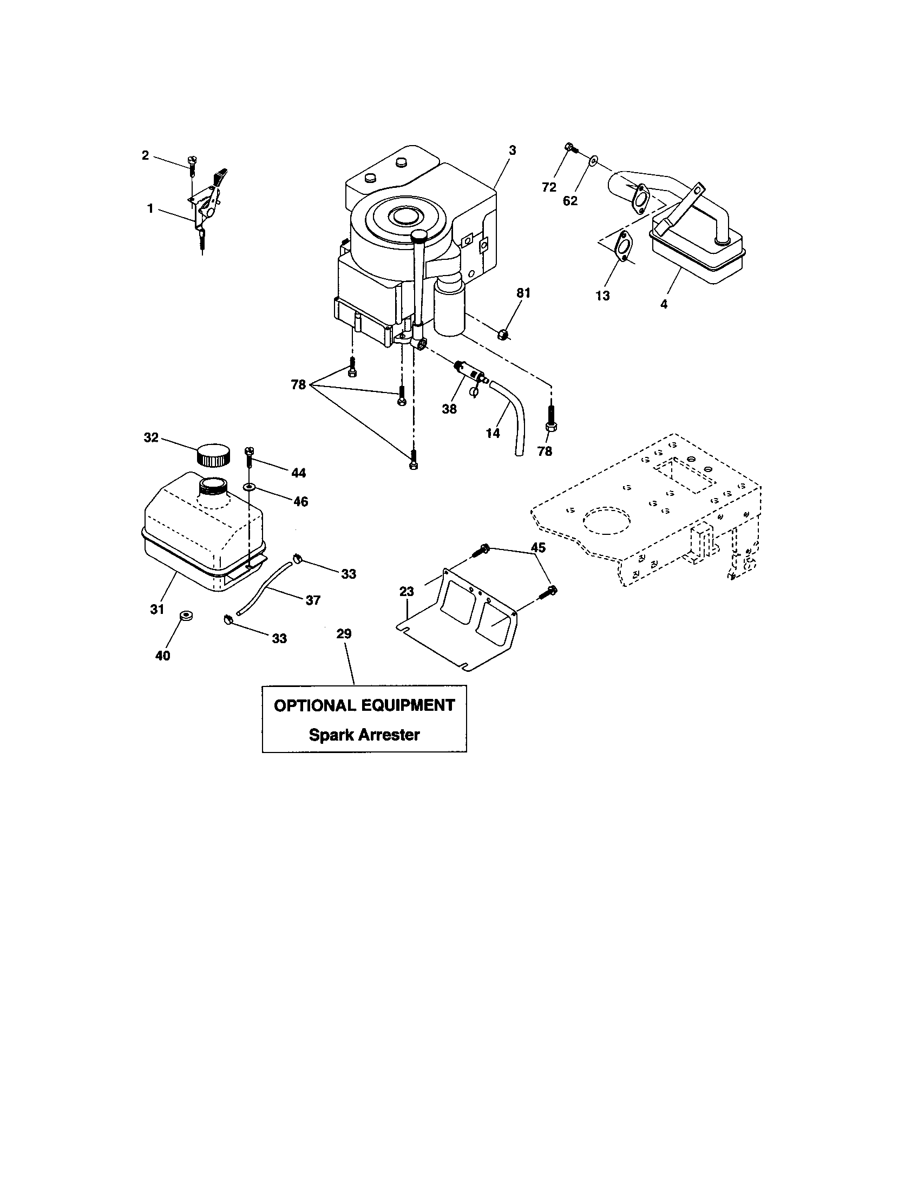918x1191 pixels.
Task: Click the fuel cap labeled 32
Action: [213, 455]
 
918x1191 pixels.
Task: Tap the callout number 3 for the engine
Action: [513, 150]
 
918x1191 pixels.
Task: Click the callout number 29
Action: [344, 634]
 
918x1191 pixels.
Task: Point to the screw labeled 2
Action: [192, 163]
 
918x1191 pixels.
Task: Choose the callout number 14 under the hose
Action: [492, 434]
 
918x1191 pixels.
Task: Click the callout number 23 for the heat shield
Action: [406, 591]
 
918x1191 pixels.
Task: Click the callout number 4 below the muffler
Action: [664, 304]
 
